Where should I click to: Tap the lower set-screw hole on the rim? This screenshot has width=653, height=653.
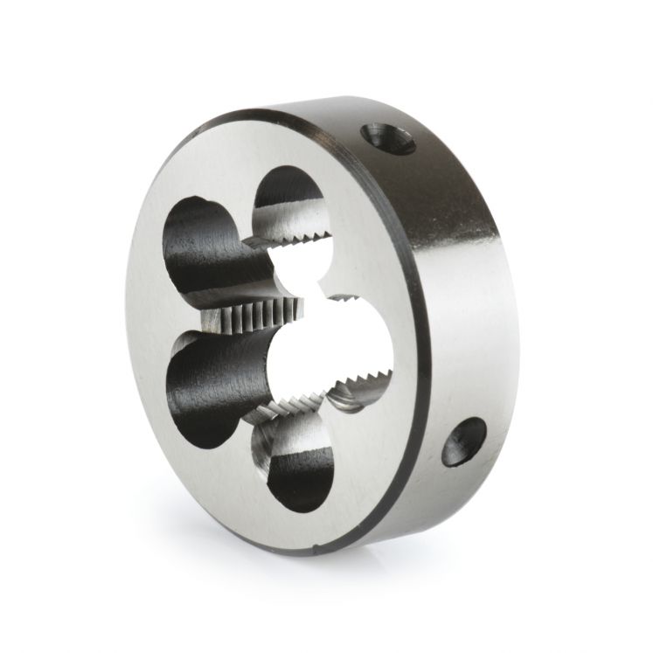[x=462, y=441]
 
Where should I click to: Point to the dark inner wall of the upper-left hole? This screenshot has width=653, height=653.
[x=197, y=262]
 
